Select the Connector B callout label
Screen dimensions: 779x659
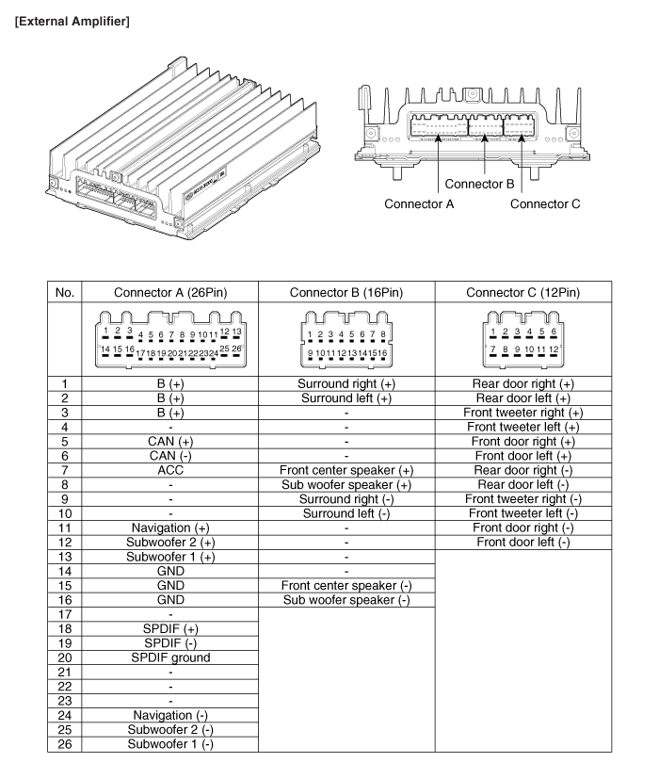[479, 183]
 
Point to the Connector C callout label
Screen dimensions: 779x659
[544, 203]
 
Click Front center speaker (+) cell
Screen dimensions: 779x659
[345, 469]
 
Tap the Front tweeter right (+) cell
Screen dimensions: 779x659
[523, 414]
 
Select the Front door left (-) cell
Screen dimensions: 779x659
[523, 543]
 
